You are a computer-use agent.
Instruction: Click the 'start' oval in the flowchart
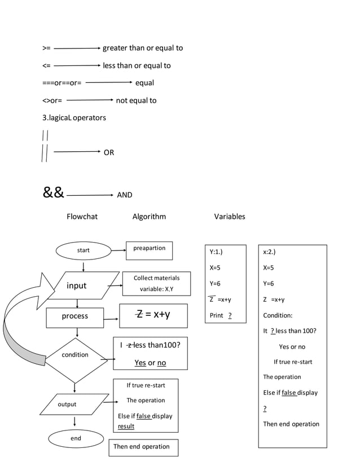pos(83,250)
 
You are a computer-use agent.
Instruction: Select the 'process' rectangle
pos(75,316)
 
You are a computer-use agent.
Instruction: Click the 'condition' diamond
pos(75,355)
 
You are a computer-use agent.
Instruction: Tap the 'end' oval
pos(76,438)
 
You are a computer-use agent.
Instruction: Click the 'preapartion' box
pos(149,250)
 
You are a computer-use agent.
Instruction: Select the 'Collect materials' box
pos(156,284)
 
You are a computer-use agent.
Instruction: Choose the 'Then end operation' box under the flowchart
pos(142,447)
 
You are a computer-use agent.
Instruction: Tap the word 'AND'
pos(124,195)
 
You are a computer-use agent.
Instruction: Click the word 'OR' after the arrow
pos(108,152)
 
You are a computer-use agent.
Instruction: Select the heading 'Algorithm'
pos(149,217)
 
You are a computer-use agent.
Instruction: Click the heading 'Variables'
pos(230,217)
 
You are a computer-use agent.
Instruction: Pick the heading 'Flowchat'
pos(82,217)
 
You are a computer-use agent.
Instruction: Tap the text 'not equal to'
pos(136,100)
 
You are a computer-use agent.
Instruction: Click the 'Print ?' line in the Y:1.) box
pos(221,315)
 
